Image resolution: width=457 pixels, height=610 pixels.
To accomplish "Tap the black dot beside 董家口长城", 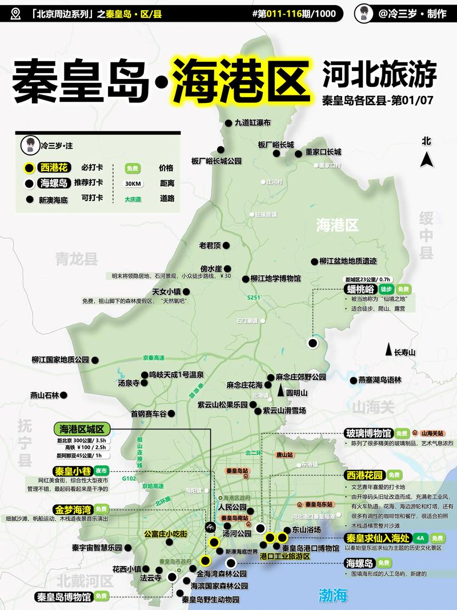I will [x=298, y=153].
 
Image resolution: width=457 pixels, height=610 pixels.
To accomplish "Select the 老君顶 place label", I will [x=210, y=245].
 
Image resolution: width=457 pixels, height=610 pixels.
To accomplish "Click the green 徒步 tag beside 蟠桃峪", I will [x=386, y=289].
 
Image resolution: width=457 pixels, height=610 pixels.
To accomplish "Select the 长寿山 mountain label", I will [x=404, y=353].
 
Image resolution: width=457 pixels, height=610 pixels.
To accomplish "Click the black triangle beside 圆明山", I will [x=280, y=392].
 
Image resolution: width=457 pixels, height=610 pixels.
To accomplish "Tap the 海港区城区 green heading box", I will [x=81, y=429].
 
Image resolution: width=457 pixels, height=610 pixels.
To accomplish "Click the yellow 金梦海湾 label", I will [x=73, y=509].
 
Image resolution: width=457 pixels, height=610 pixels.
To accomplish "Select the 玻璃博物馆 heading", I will [x=367, y=433].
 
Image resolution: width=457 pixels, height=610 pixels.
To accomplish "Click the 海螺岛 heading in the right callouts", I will [x=359, y=563].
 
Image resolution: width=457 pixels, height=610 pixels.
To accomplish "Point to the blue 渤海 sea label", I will [x=333, y=595].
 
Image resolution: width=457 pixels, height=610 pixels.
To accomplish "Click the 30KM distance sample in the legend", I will [x=133, y=184].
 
